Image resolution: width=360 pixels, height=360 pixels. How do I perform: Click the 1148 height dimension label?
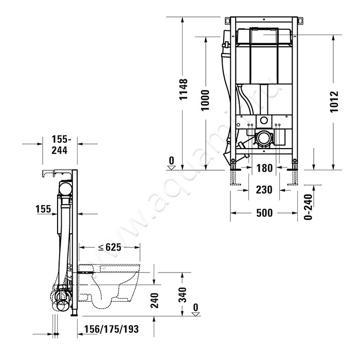(184, 89)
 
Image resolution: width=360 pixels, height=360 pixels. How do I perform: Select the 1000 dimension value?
(205, 100)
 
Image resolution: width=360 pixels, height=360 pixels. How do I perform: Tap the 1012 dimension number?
(334, 101)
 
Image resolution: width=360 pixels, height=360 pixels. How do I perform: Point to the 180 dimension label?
(264, 168)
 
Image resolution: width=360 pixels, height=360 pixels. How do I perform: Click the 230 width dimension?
(264, 190)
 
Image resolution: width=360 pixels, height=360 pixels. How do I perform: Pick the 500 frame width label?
(264, 213)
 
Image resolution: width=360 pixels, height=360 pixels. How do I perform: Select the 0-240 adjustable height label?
(308, 207)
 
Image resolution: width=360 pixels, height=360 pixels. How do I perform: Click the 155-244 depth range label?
(60, 145)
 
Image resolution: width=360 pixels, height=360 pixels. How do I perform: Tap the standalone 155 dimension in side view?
(43, 209)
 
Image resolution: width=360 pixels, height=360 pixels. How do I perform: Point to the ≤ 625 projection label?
(110, 247)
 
